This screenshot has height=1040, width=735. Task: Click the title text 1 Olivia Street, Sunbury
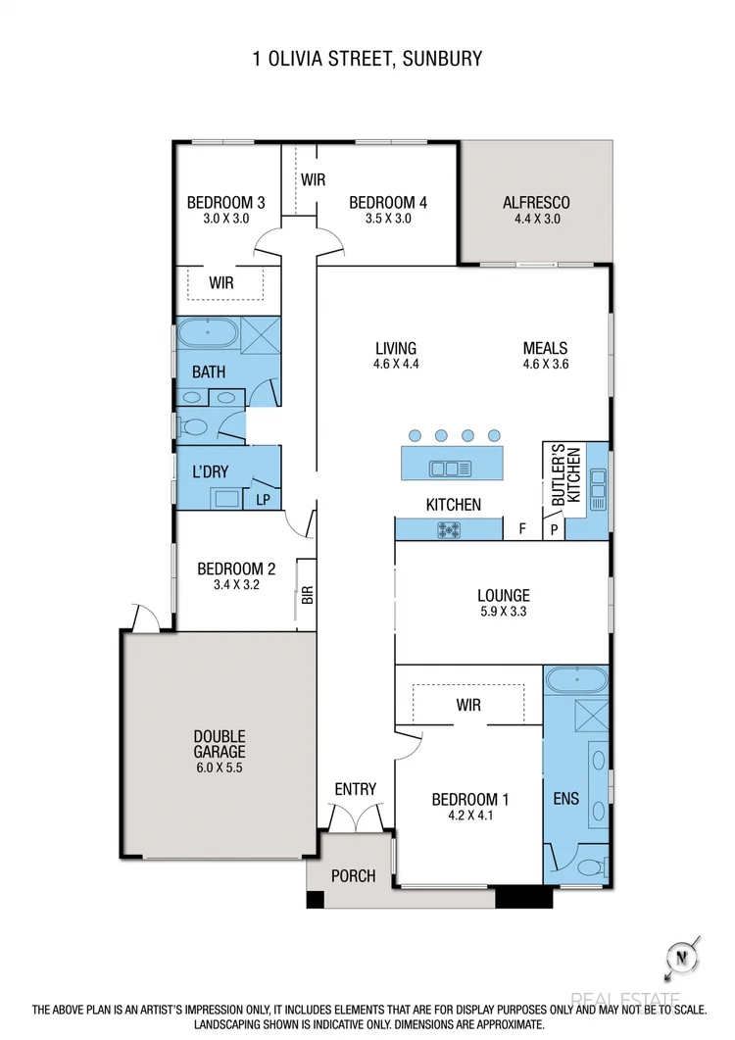pos(367,59)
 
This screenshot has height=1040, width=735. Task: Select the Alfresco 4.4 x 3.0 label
pos(536,210)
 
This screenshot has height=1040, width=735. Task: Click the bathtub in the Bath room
pos(207,333)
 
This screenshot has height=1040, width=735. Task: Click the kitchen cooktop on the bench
pos(450,530)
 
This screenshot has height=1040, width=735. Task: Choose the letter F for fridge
pos(522,530)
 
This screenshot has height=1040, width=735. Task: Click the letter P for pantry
pos(554,530)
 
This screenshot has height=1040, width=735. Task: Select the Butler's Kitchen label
pos(565,476)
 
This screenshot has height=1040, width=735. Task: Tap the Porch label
pos(352,875)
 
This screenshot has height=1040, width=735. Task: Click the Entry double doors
pos(355,816)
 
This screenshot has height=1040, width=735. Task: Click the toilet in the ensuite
pos(588,866)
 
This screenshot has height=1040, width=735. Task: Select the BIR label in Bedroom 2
pos(306,594)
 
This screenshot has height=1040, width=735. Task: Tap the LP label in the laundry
pos(263,499)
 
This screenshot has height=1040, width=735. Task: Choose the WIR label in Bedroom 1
pos(466,705)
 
